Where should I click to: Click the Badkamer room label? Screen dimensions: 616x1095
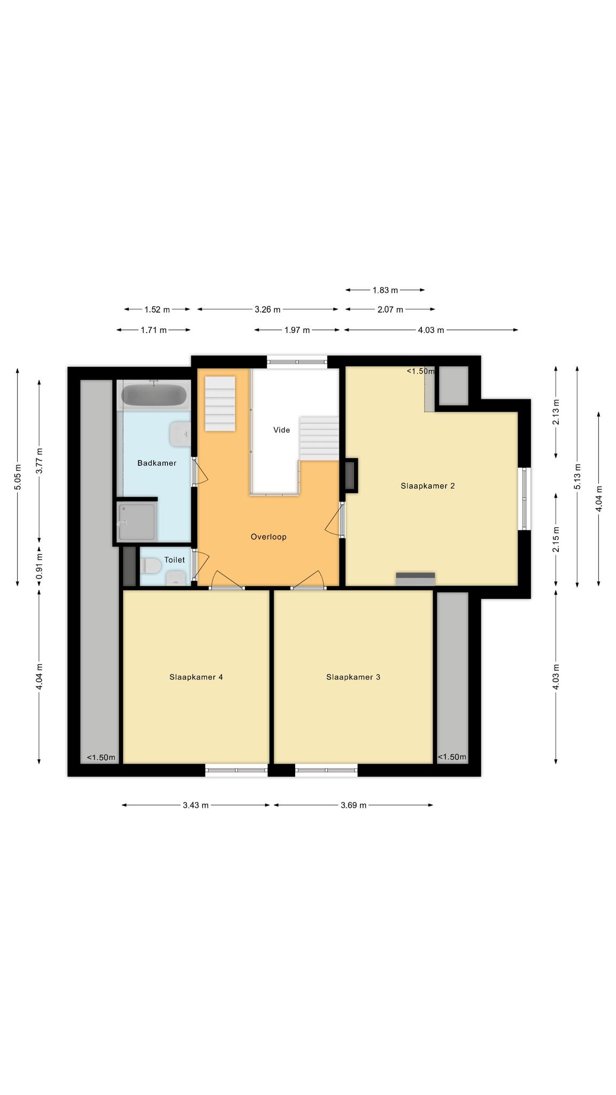[x=157, y=463]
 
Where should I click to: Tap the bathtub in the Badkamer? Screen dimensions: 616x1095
[x=154, y=395]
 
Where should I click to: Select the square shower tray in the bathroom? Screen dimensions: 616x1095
[x=137, y=522]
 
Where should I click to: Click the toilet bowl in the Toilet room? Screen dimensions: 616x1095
[x=151, y=566]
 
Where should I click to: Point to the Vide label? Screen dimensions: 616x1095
[x=282, y=430]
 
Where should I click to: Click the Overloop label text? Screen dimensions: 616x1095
[x=268, y=537]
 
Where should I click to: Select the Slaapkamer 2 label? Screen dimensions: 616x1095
[x=428, y=486]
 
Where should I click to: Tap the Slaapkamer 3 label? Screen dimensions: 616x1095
[x=353, y=677]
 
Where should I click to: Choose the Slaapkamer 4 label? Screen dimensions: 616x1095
[x=196, y=677]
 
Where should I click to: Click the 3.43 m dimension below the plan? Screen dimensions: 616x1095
[x=196, y=805]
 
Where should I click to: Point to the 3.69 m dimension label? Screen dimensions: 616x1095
[x=353, y=805]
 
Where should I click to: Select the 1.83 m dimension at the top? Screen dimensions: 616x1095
[x=385, y=290]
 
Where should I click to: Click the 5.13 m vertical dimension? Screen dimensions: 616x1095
[x=577, y=476]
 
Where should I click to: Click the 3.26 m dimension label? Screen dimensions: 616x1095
[x=267, y=310]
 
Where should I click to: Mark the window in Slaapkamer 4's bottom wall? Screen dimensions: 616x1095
[x=236, y=770]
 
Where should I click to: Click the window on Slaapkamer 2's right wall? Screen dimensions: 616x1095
[x=525, y=498]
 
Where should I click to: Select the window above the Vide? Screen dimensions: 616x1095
[x=297, y=362]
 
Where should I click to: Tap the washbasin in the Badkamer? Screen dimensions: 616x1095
[x=179, y=434]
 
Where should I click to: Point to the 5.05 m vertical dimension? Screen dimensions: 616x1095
[x=18, y=476]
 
